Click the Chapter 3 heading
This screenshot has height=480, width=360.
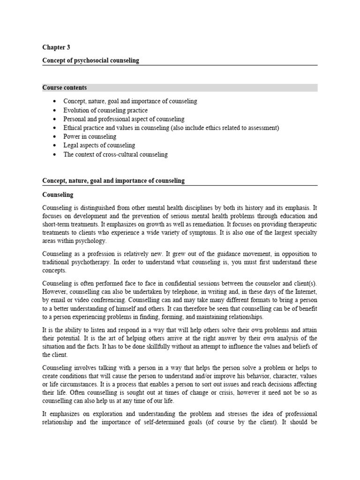click(x=56, y=47)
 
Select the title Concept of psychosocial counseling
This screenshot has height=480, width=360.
click(x=90, y=60)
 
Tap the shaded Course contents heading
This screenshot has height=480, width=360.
click(x=64, y=88)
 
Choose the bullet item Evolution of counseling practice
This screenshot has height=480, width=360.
click(x=105, y=110)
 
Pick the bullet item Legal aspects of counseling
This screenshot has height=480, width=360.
click(x=99, y=145)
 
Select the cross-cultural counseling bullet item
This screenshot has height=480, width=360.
click(x=115, y=154)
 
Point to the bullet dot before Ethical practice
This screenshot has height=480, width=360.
click(x=55, y=128)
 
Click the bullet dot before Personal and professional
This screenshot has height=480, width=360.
click(x=55, y=119)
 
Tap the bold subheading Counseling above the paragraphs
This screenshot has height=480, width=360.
click(x=58, y=195)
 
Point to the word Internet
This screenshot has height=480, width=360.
click(x=303, y=291)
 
